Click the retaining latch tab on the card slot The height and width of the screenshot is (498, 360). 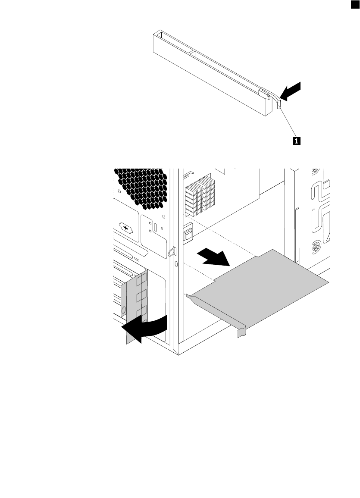pyautogui.click(x=279, y=103)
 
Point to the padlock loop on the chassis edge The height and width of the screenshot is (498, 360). pyautogui.click(x=172, y=251)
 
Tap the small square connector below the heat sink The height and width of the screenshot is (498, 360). pyautogui.click(x=188, y=235)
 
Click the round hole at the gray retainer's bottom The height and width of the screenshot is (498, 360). pyautogui.click(x=124, y=309)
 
